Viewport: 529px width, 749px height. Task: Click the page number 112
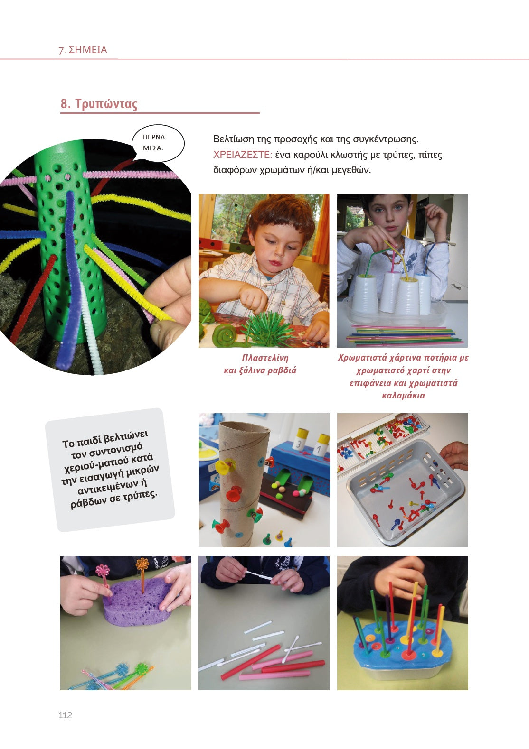65,715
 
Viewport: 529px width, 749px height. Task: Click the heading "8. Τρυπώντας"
99,104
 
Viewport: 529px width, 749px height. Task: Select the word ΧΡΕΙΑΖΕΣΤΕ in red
243,155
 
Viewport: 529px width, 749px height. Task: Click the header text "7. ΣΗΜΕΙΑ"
83,50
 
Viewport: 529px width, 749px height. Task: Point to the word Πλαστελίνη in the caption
265,358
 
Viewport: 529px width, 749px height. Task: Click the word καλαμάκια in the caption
403,396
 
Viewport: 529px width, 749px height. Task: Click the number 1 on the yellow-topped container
320,450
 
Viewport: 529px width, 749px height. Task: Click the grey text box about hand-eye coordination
110,470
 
